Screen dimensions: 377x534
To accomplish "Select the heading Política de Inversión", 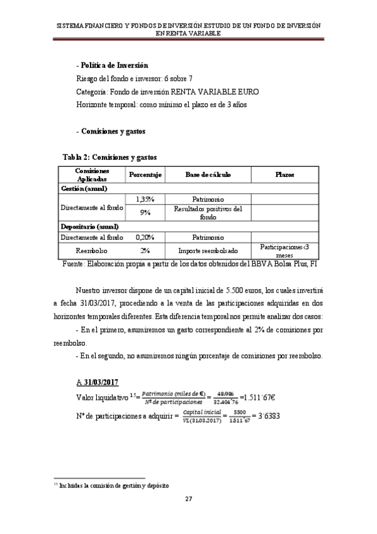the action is tap(113, 65).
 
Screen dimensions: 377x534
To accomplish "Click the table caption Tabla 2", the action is tap(110, 156).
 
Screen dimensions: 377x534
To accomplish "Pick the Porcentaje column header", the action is tap(146, 174).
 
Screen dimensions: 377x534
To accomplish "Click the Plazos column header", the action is tap(284, 174).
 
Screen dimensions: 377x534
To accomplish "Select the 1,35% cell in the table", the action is tap(146, 199).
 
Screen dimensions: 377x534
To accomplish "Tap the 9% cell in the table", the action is tap(146, 212).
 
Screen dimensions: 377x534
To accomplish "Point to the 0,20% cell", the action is tap(146, 237).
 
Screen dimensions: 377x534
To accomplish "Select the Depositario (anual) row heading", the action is tap(90, 225).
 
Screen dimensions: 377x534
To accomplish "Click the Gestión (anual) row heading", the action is tap(84, 188).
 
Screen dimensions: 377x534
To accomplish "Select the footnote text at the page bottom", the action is tap(111, 485).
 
